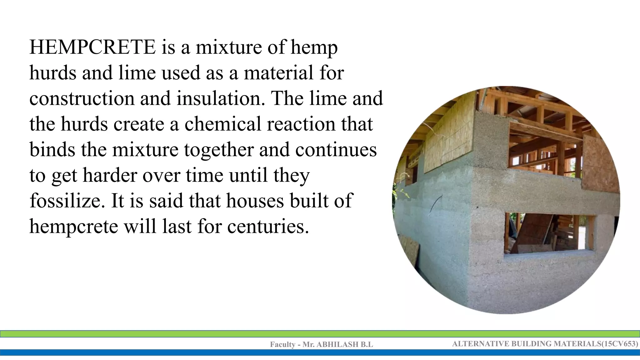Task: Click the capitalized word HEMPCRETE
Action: coord(92,47)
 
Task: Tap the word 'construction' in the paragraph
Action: coord(82,98)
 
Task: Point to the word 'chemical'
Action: coord(223,124)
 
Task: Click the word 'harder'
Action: coord(110,175)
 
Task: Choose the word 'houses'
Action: coord(255,201)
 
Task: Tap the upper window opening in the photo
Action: coord(542,145)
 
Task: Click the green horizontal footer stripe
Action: coord(320,334)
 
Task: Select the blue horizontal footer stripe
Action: coord(320,352)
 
